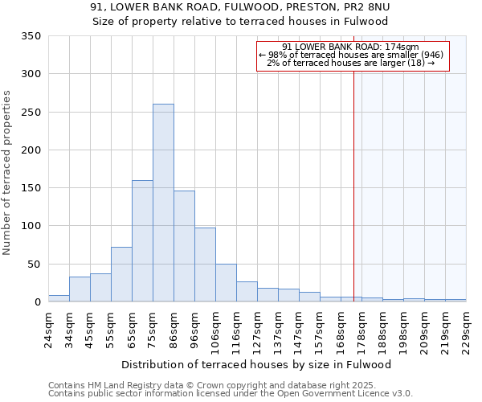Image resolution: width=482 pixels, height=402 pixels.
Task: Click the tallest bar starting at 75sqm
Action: [163, 203]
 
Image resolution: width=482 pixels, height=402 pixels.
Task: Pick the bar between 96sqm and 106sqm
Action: [205, 265]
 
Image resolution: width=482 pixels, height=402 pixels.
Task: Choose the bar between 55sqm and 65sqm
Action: [121, 274]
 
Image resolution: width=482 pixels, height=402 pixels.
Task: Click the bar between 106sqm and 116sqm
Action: [226, 283]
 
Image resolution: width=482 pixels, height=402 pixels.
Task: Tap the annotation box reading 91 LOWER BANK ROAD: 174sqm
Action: [352, 55]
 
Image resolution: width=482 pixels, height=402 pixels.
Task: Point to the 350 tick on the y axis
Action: [31, 36]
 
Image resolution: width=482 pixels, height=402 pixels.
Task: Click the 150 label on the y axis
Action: [31, 188]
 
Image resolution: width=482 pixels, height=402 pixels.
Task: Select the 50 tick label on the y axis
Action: [35, 264]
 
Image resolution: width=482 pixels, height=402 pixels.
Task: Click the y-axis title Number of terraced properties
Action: [8, 173]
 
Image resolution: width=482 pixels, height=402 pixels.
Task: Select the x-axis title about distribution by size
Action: [256, 364]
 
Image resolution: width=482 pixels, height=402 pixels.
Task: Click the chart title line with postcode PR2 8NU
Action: [240, 7]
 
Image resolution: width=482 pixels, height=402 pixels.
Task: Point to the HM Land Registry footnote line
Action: [230, 385]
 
